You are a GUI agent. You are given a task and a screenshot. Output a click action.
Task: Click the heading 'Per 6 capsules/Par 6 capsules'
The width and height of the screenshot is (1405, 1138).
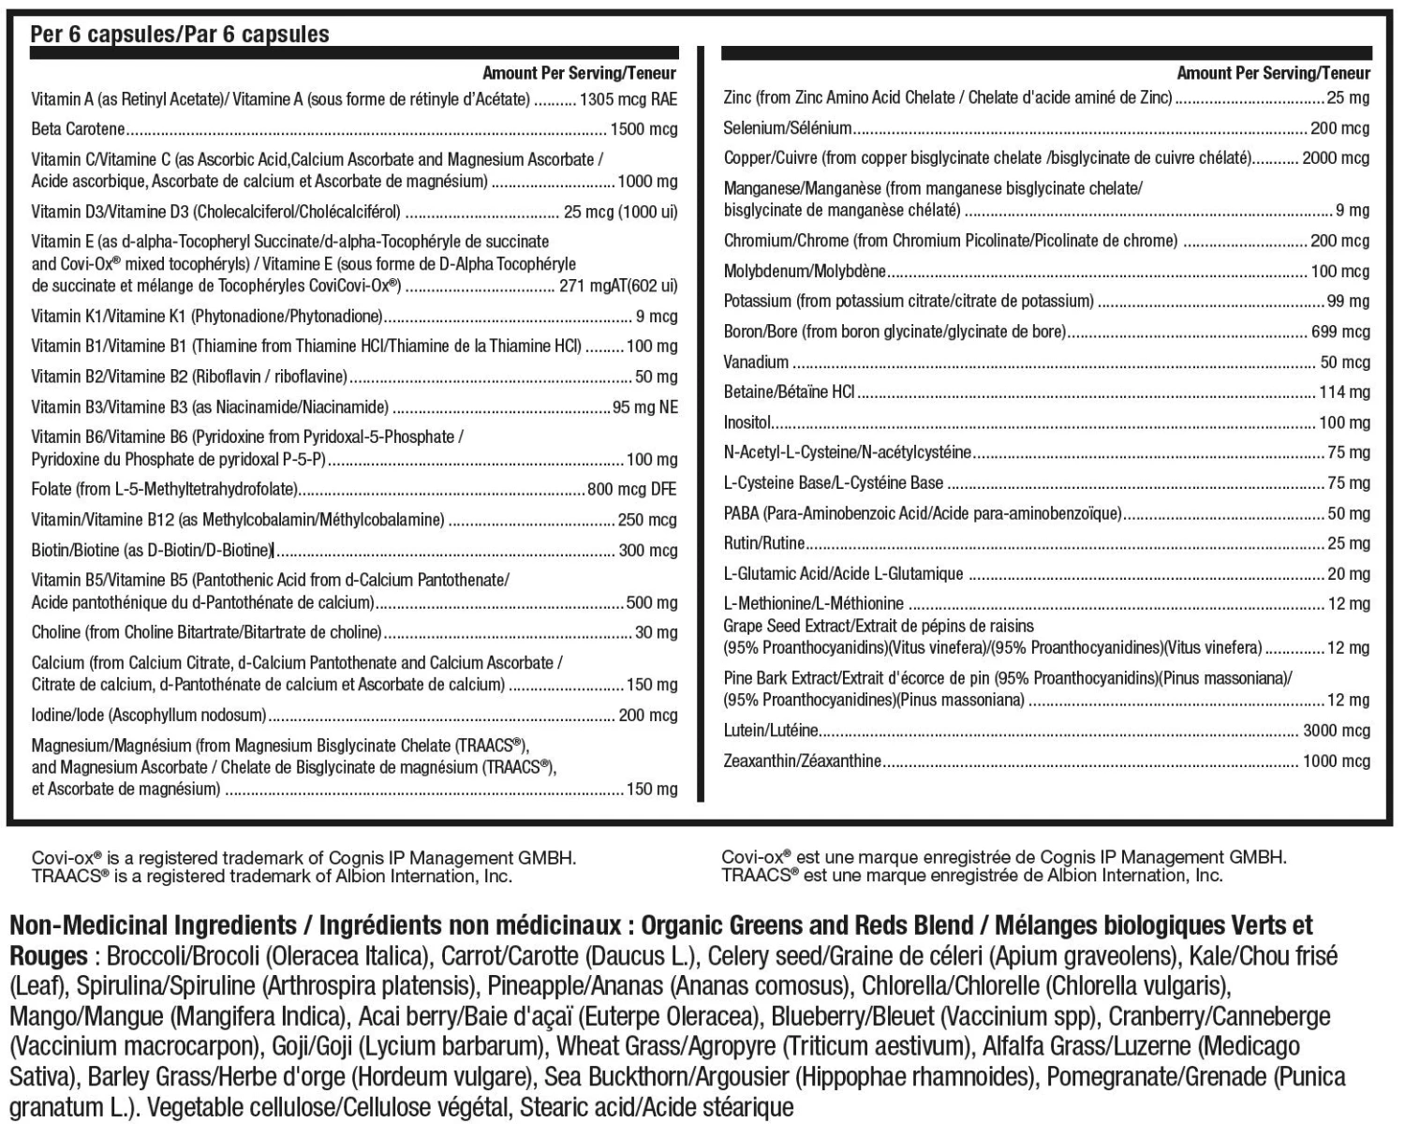tap(180, 35)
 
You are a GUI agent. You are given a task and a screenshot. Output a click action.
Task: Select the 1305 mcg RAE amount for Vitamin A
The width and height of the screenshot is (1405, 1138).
tap(628, 99)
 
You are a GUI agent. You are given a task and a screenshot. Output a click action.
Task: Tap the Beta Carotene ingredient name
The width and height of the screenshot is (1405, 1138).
tap(78, 129)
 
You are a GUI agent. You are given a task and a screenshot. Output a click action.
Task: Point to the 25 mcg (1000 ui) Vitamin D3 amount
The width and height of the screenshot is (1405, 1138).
tap(619, 212)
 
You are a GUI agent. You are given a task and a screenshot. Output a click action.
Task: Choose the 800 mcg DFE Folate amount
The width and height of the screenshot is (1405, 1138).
tap(631, 489)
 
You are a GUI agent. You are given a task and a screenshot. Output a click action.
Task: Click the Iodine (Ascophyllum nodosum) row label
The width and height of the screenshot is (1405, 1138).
tap(148, 716)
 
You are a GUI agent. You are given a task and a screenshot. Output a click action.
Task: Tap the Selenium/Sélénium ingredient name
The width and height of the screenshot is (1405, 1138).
tap(788, 128)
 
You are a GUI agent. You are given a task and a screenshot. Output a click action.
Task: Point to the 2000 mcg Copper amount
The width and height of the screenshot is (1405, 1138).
tap(1336, 158)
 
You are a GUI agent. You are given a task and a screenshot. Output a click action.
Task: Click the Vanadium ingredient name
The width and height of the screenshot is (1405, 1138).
tap(756, 362)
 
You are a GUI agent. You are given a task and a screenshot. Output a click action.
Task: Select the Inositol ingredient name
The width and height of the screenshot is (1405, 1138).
tap(747, 422)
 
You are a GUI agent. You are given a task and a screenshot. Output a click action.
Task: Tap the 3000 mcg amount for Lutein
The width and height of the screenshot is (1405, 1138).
tap(1336, 731)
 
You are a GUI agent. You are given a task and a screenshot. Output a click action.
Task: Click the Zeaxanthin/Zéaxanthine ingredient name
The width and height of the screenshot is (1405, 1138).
tap(802, 761)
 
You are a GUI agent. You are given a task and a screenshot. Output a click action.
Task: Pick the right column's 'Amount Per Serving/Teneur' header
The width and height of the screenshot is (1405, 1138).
tap(1273, 73)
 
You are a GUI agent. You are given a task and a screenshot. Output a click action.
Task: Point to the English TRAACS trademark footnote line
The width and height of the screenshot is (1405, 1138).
tap(272, 876)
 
